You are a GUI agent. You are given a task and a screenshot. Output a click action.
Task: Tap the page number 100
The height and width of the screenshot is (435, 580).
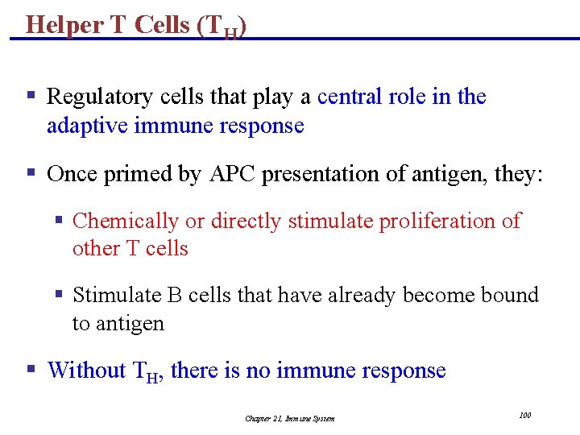(524, 415)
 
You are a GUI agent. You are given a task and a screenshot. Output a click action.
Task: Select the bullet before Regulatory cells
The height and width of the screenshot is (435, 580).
(31, 97)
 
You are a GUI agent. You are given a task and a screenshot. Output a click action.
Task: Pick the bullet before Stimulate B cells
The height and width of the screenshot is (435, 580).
(59, 295)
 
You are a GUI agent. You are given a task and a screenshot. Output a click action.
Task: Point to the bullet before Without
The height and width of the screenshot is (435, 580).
(31, 370)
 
